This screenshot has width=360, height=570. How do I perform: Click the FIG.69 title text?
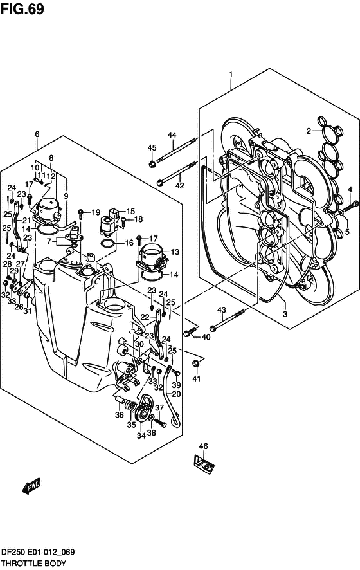click(x=22, y=9)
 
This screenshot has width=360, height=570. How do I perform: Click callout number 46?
click(x=203, y=446)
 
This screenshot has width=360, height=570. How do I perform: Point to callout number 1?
click(x=231, y=75)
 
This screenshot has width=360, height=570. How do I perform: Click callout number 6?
click(x=37, y=134)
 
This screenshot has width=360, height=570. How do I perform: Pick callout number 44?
click(x=172, y=135)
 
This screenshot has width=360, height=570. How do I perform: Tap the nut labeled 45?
click(x=152, y=164)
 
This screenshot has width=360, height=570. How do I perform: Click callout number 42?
click(x=179, y=186)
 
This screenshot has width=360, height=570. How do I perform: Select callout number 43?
click(x=222, y=310)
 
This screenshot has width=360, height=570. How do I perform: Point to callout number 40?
click(x=206, y=337)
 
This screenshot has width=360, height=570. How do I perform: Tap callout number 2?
click(x=309, y=131)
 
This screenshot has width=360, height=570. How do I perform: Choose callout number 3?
click(x=285, y=314)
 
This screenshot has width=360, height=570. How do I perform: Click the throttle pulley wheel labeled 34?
click(x=143, y=412)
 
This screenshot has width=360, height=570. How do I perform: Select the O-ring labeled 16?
click(x=107, y=244)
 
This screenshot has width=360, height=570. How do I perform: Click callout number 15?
click(x=130, y=211)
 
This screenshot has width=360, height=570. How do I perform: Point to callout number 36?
click(x=119, y=415)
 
